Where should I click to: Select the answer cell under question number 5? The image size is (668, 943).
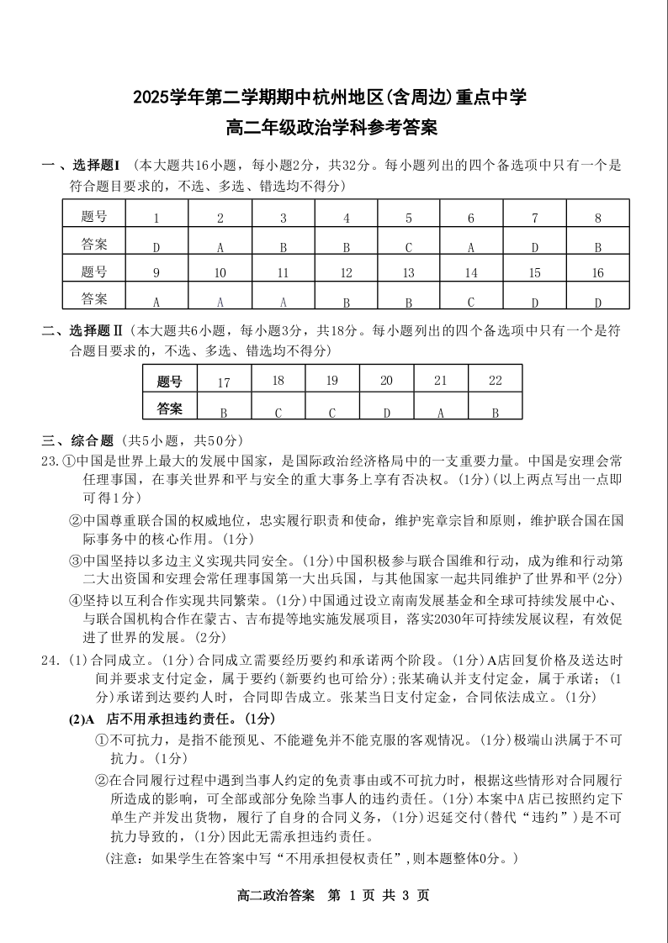point(409,247)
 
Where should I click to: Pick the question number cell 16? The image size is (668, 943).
point(598,273)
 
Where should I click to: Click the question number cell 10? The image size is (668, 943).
point(220,273)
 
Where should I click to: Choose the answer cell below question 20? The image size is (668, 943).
point(386,412)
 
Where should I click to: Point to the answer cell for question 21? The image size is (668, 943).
point(441,412)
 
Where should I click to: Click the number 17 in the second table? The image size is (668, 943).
point(224,382)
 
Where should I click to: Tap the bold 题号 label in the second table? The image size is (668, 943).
point(170,382)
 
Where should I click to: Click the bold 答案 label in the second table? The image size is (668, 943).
point(170,409)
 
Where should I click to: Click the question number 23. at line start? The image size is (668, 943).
point(50,461)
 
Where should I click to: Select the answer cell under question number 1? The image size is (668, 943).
point(156,247)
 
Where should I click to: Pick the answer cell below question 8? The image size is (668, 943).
point(598,247)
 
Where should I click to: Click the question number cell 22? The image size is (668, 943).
point(495,381)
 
